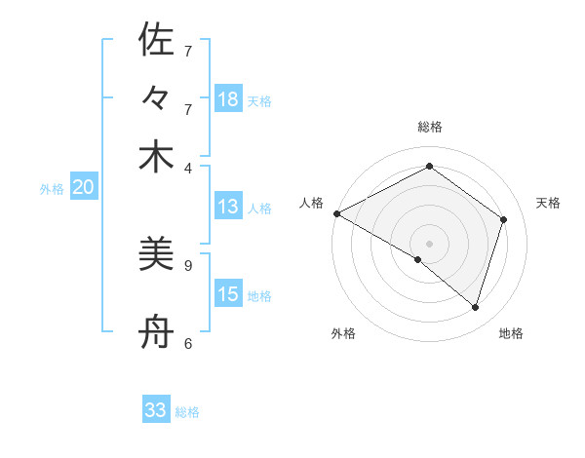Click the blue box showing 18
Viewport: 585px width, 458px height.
[x=228, y=99]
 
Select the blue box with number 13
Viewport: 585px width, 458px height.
[x=228, y=207]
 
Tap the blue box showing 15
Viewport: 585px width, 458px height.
[x=228, y=294]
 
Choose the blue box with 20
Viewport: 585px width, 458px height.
[x=83, y=188]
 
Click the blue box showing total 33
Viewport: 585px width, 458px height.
[x=156, y=410]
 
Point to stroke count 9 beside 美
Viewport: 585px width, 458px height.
[x=187, y=264]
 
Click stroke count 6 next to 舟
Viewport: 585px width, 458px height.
[x=187, y=343]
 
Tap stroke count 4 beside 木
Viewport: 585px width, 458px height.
[x=187, y=167]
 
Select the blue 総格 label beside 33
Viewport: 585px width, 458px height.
[x=187, y=412]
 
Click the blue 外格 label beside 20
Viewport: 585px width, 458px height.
[x=52, y=189]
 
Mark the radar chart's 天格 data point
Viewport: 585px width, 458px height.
[x=504, y=219]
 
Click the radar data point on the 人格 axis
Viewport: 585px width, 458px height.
[x=336, y=212]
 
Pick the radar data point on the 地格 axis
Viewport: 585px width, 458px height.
[x=475, y=307]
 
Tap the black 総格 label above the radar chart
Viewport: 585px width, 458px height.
[x=429, y=127]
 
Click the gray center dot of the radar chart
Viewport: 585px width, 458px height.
[x=429, y=243]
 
